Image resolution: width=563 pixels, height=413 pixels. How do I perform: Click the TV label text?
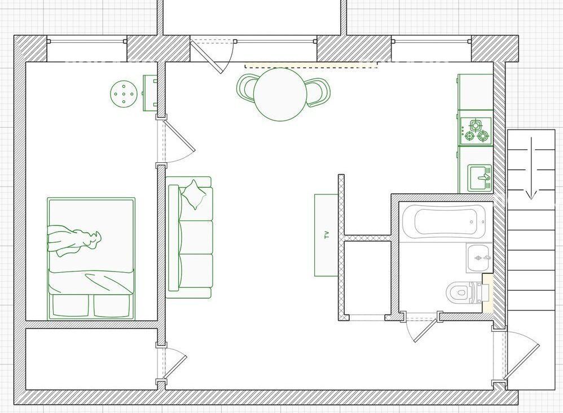[x=327, y=235]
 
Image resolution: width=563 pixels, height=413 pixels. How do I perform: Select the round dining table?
[x=280, y=94]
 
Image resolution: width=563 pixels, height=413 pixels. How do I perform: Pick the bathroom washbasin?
[x=479, y=257]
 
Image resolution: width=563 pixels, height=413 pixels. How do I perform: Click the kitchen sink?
[x=480, y=177]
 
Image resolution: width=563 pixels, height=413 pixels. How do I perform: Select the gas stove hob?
[x=476, y=131]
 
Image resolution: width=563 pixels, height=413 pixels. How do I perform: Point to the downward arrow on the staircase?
[x=531, y=168]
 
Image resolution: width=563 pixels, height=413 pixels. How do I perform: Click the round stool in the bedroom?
[x=124, y=94]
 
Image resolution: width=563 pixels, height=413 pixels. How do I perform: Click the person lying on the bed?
[x=73, y=240]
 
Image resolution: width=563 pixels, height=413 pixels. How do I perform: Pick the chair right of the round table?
[x=318, y=92]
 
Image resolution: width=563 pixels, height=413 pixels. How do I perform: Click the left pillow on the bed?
[x=71, y=306]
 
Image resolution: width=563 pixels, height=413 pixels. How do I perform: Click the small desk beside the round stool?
[x=151, y=93]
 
